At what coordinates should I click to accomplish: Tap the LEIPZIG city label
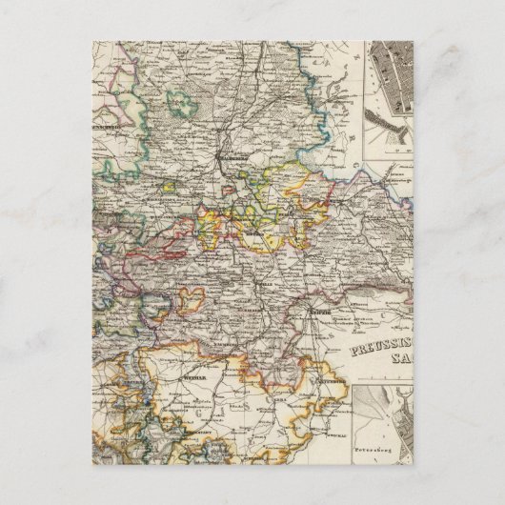320,312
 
